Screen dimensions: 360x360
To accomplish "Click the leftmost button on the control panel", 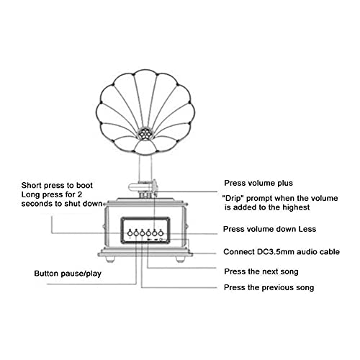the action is pos(130,233).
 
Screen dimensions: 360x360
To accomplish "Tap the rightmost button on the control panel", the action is pos(161,233).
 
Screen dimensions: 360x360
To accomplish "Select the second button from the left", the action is pos(136,233).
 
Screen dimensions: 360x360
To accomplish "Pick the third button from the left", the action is pos(143,233).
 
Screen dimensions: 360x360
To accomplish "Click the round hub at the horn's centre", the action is pos(145,133).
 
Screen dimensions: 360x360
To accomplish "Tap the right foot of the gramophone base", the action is pos(179,259).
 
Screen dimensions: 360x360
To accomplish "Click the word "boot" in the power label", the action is pos(84,185).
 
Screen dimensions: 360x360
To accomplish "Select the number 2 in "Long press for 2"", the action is pos(79,194).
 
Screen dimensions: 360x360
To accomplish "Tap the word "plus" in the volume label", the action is pos(285,184).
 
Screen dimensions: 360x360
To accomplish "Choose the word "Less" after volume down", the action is pos(307,229).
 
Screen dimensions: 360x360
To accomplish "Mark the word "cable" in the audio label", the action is pos(330,252).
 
